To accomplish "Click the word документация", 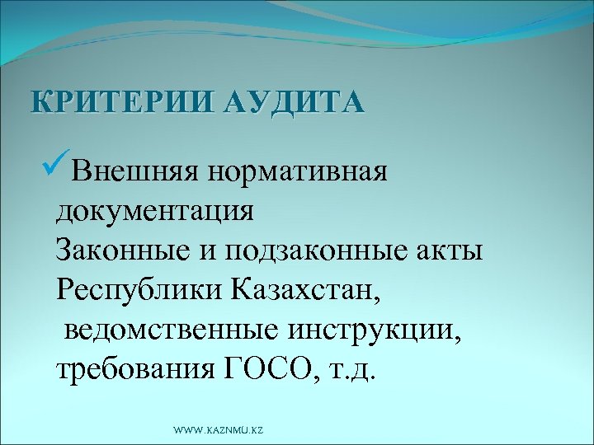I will pyautogui.click(x=156, y=211).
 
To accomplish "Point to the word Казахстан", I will pyautogui.click(x=306, y=288).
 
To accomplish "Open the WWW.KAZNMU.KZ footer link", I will pyautogui.click(x=219, y=431).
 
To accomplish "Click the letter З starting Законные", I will pyautogui.click(x=64, y=250).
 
